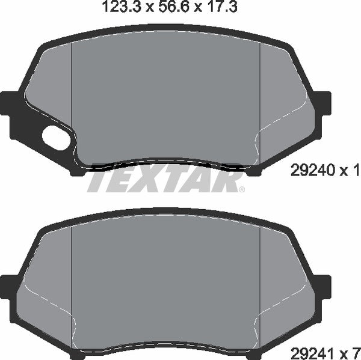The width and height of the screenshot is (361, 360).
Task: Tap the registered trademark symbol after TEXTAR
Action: point(242,190)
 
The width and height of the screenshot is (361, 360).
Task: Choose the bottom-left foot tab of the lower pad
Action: point(77,351)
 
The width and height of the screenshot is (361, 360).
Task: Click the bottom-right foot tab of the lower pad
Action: point(255,351)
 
